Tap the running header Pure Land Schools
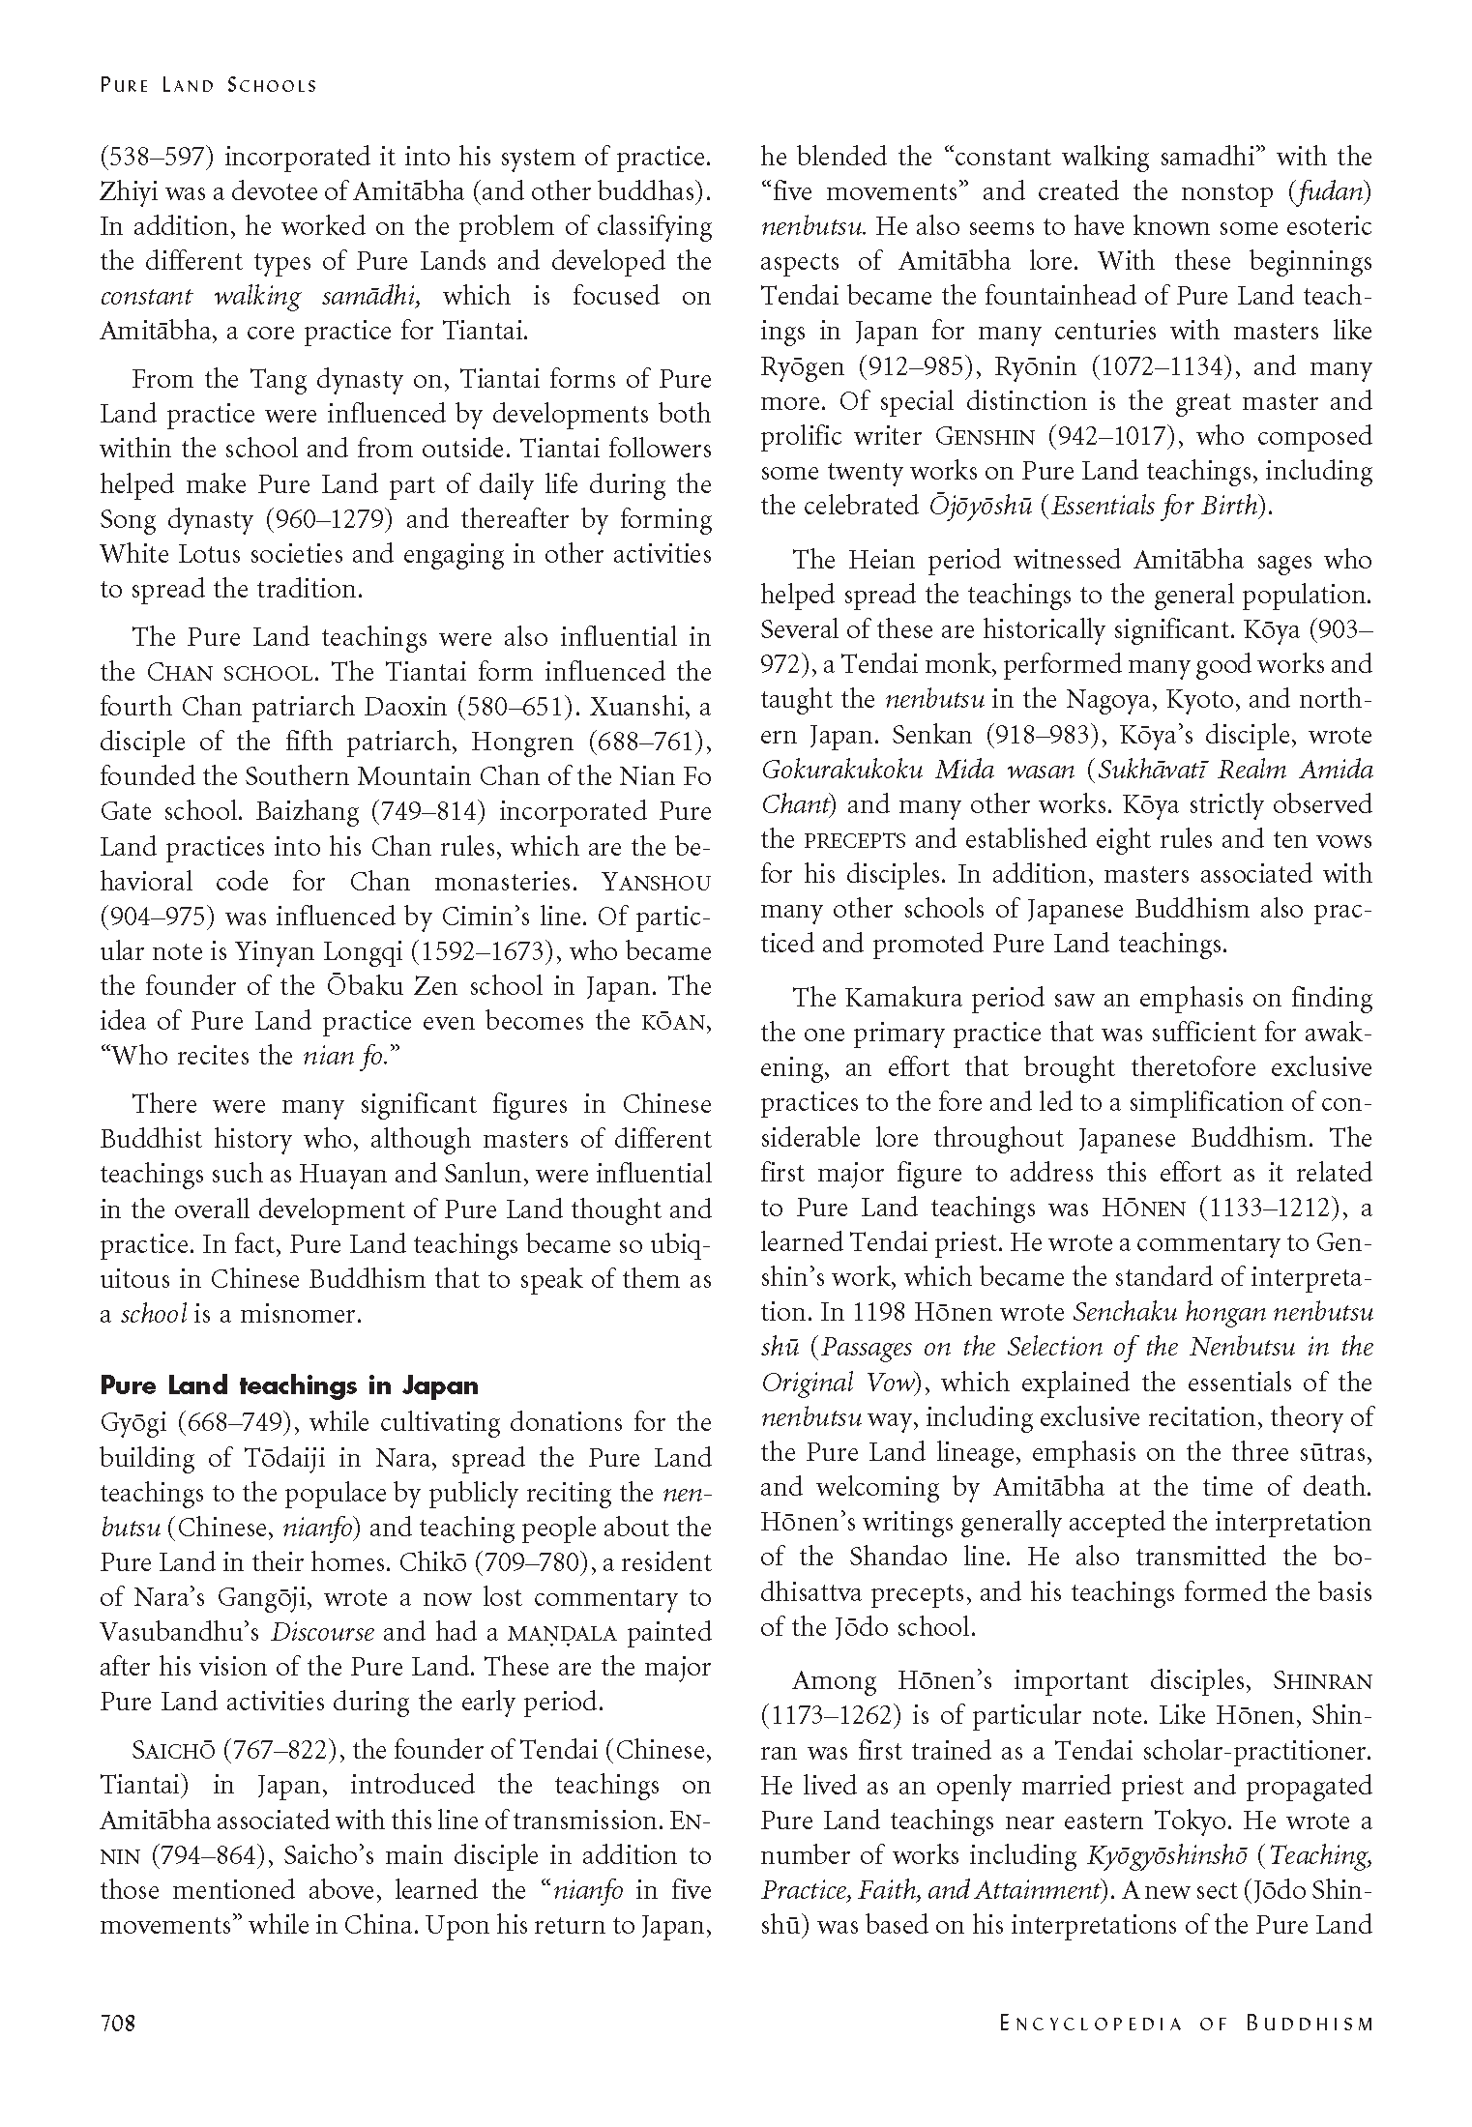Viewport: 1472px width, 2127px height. point(208,85)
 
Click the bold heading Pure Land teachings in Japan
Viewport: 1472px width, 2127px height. point(289,1385)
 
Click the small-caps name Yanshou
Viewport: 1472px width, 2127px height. point(657,882)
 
